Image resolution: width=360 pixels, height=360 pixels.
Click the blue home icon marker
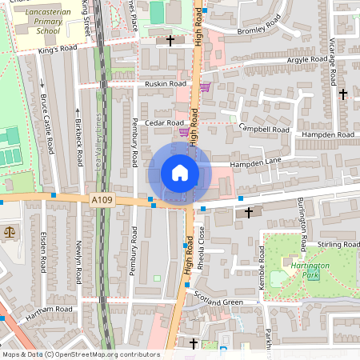coord(179,173)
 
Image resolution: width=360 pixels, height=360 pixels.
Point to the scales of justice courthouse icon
coord(10,231)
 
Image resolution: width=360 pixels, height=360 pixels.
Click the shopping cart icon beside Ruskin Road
coord(205,86)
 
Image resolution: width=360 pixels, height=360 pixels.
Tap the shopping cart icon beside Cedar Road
coord(184,132)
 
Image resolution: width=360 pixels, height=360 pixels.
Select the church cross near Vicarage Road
coord(343,94)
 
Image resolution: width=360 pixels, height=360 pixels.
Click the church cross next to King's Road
coord(170,40)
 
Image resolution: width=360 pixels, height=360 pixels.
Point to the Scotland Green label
coord(218,301)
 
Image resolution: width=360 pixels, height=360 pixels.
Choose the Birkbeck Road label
coord(78,137)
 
